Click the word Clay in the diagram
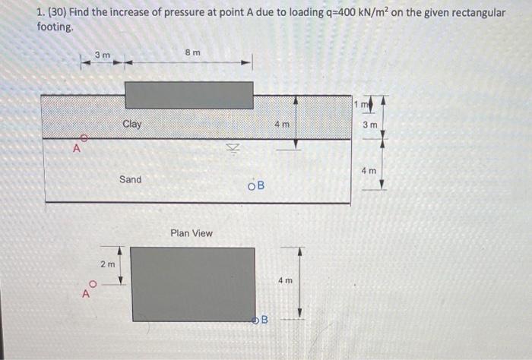point(131,124)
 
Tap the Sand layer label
point(130,179)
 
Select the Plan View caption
point(192,233)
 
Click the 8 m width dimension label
point(192,52)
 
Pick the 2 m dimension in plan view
point(108,264)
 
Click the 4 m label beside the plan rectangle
point(285,280)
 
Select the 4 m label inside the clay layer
point(282,124)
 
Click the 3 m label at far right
point(369,124)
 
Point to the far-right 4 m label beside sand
point(369,171)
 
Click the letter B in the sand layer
point(260,186)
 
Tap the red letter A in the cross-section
point(76,149)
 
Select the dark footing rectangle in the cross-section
point(188,95)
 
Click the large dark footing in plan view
point(193,284)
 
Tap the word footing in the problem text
point(55,26)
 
